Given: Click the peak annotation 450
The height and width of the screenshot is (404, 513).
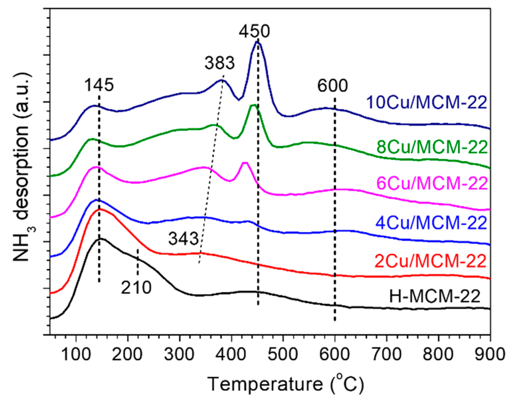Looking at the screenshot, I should (x=254, y=31).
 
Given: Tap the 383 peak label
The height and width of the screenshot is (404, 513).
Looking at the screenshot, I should (x=219, y=63).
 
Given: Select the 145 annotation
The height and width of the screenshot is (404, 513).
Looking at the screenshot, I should (x=99, y=85).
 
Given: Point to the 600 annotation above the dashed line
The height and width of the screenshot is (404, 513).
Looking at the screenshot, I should (x=332, y=86).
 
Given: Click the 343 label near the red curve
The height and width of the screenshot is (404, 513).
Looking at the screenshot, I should (x=183, y=238).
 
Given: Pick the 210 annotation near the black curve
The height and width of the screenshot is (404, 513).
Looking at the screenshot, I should (x=136, y=288).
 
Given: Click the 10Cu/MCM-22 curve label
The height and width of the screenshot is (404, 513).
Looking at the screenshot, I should (x=426, y=102).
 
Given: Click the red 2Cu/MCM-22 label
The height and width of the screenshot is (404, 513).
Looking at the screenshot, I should (x=430, y=261).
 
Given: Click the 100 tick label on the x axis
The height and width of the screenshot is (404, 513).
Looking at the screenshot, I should (x=76, y=354).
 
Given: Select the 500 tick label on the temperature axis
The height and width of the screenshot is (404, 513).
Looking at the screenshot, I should (x=283, y=354).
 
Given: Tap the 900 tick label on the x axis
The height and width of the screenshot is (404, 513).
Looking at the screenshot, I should (x=490, y=354).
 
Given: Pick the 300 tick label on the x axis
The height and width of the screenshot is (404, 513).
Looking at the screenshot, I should (x=179, y=354).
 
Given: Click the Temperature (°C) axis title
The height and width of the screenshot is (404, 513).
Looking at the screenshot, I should (x=285, y=384).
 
